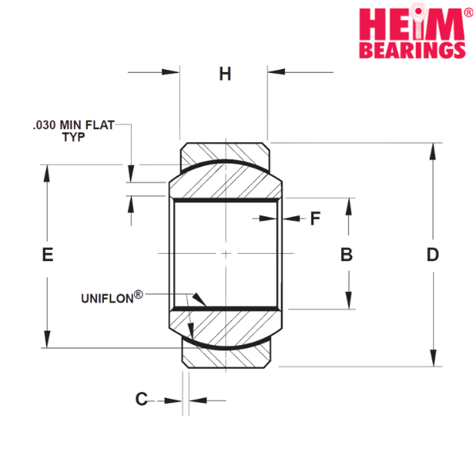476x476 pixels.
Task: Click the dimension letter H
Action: point(225,74)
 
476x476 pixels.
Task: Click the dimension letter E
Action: point(48,255)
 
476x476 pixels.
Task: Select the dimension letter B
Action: point(347,255)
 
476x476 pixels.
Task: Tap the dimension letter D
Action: point(432,255)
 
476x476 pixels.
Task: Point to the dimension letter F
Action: point(315,218)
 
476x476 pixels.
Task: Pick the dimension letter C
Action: point(141,399)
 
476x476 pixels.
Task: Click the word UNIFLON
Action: point(107,299)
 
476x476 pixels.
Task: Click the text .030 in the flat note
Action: point(44,125)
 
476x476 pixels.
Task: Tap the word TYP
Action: point(74,137)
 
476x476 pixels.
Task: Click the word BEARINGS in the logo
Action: point(413,49)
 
